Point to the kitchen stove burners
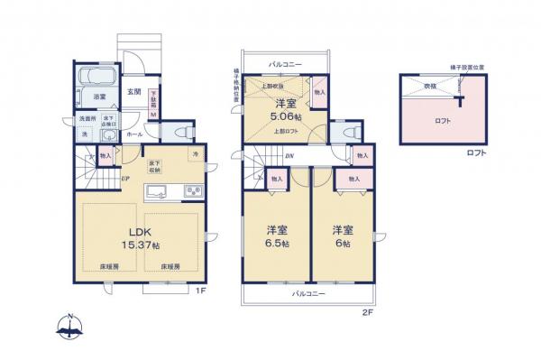[194, 190]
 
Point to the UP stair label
[125, 178]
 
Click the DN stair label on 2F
[289, 155]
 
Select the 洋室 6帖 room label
[341, 237]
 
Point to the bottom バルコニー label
[307, 294]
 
